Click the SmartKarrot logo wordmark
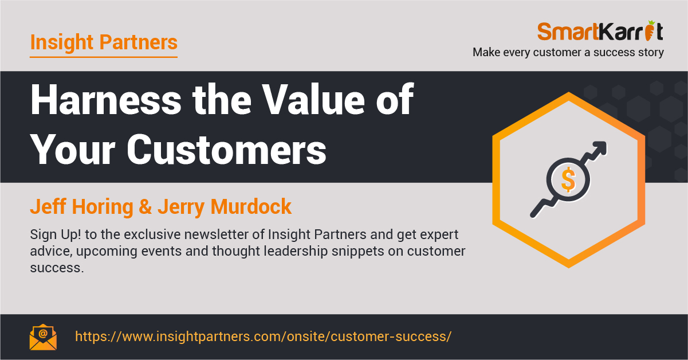pyautogui.click(x=600, y=31)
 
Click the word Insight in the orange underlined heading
pyautogui.click(x=62, y=42)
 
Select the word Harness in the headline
pyautogui.click(x=106, y=100)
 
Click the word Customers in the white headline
pyautogui.click(x=226, y=150)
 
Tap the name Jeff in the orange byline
pyautogui.click(x=48, y=206)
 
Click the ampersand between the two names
pyautogui.click(x=146, y=206)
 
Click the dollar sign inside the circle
pyautogui.click(x=568, y=180)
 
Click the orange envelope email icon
pyautogui.click(x=43, y=337)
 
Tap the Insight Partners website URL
pyautogui.click(x=263, y=336)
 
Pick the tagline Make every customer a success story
pyautogui.click(x=568, y=52)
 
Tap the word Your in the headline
pyautogui.click(x=73, y=150)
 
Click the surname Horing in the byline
pyautogui.click(x=103, y=207)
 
